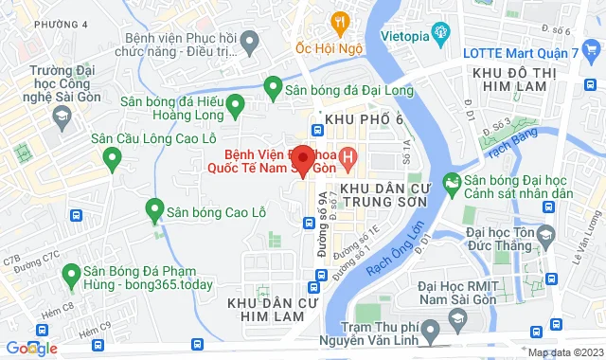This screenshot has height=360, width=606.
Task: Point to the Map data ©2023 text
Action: point(564,353)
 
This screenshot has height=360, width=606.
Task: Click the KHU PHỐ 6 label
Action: point(363,118)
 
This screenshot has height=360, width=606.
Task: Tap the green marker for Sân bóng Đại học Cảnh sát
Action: point(452,181)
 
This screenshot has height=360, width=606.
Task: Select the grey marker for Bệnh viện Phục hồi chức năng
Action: point(250,41)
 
